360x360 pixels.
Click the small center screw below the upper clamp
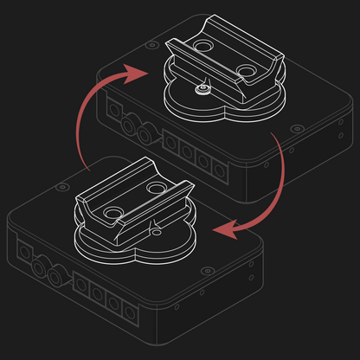tap(202, 89)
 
